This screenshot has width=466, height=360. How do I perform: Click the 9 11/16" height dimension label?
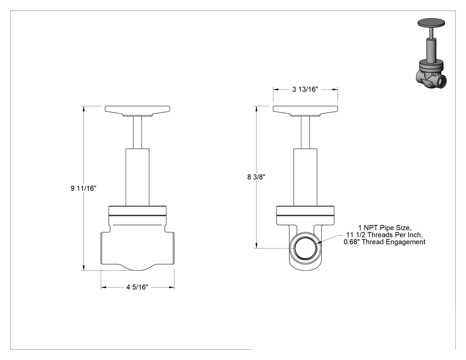pos(83,188)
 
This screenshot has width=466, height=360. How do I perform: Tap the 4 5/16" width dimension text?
pos(137,287)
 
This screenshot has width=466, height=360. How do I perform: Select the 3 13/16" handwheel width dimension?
pos(305,89)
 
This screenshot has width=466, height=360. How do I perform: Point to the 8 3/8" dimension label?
pos(256,177)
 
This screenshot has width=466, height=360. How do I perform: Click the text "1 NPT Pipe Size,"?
pos(385,228)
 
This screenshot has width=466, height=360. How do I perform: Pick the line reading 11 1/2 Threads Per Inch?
pos(384,235)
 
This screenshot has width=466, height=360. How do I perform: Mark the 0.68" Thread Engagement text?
pos(385,242)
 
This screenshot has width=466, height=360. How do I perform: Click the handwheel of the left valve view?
pos(137,111)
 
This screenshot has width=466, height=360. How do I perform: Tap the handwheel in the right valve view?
pos(305,111)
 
